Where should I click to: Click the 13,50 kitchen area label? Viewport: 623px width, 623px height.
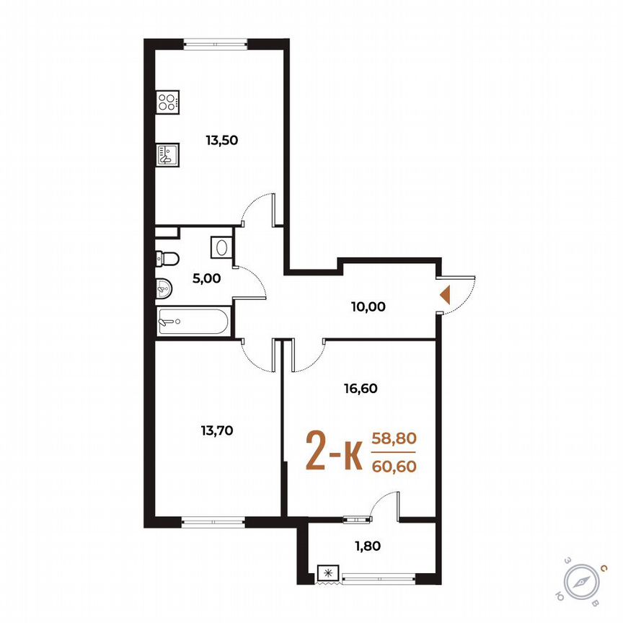click(x=221, y=141)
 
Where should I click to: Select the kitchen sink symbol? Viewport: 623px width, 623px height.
click(x=167, y=155)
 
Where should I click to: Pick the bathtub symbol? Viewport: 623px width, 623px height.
click(x=193, y=322)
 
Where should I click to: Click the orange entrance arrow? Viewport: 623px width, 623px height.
click(x=446, y=294)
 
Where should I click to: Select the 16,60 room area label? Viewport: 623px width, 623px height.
click(x=361, y=388)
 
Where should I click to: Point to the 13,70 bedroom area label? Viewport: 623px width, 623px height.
click(x=216, y=430)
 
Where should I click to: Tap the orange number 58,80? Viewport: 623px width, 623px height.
click(x=394, y=438)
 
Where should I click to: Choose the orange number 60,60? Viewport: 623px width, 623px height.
click(x=394, y=466)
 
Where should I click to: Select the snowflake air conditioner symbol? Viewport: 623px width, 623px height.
click(x=328, y=574)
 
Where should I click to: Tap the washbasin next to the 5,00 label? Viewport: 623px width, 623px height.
click(x=164, y=287)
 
